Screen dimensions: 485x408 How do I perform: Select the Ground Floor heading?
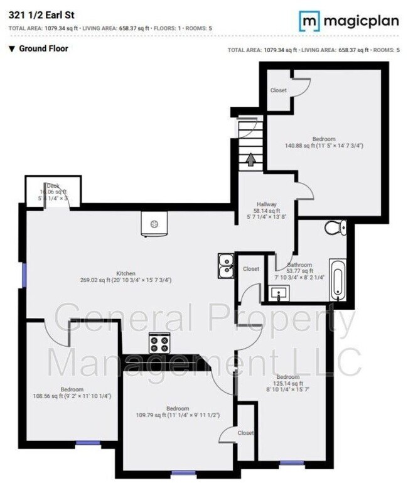[x=43, y=48]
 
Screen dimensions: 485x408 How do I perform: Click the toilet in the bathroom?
[x=335, y=227]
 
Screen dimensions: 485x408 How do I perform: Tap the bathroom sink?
[x=279, y=292]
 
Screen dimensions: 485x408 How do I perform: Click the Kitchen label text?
[x=126, y=273]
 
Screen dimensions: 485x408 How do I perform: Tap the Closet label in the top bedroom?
[x=279, y=90]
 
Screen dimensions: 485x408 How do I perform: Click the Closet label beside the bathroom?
[x=251, y=269]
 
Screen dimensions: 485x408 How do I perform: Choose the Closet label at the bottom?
[x=245, y=433]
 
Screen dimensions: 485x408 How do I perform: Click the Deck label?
[x=53, y=185]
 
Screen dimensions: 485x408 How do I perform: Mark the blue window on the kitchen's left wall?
[x=24, y=274]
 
